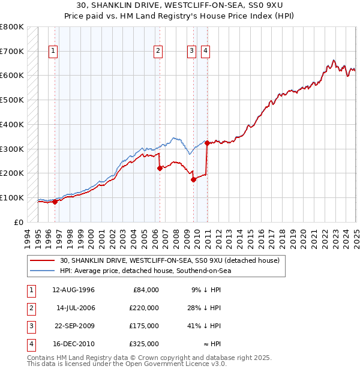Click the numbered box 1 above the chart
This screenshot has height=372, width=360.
(53, 52)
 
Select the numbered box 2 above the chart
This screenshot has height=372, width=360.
(158, 52)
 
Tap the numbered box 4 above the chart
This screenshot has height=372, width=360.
(205, 52)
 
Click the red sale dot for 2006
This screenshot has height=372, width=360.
(160, 168)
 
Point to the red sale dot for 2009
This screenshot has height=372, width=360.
(194, 179)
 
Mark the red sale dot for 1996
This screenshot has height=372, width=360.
(55, 202)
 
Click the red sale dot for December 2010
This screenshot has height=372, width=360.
(207, 143)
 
